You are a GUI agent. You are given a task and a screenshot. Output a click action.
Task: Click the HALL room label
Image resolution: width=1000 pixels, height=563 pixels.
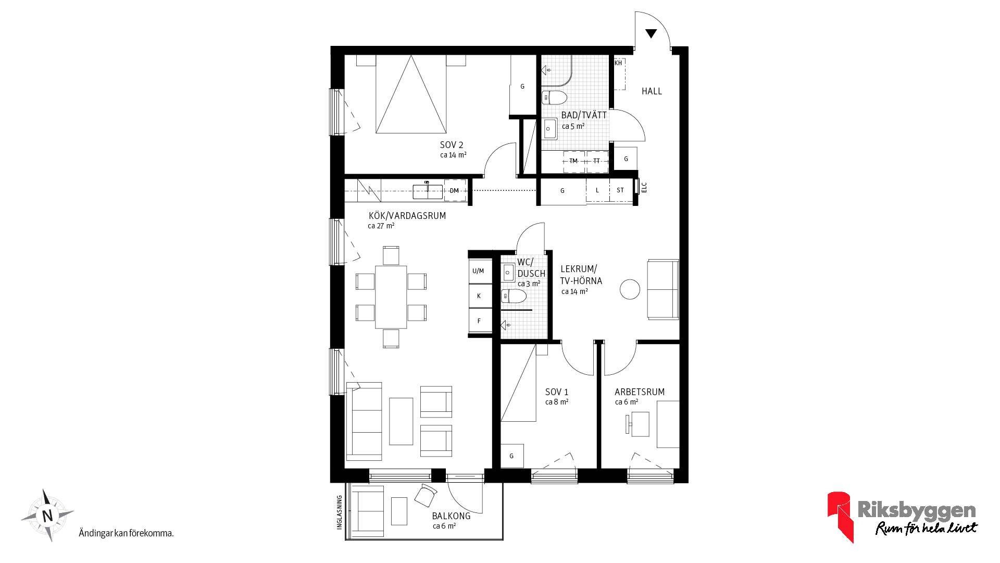pos(652,91)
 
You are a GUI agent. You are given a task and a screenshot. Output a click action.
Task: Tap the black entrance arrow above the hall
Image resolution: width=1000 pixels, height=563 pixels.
pos(651,33)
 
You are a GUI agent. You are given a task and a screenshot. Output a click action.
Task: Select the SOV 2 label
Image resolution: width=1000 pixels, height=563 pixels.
pos(452,145)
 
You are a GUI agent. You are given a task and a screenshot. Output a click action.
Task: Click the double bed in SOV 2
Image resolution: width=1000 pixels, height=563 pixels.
pos(411,94)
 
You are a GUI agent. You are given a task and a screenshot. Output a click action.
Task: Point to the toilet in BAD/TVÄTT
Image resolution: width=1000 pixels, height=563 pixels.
pos(554,97)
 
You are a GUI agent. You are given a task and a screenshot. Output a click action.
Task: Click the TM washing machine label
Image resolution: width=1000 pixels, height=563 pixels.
pos(573,161)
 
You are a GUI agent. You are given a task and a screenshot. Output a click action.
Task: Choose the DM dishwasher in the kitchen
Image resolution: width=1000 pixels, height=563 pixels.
pos(455,191)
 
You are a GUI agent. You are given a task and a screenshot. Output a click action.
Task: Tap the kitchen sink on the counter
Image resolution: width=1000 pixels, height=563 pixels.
pos(428,191)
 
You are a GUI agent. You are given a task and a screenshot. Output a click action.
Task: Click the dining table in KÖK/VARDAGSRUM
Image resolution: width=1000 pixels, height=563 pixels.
pos(391,297)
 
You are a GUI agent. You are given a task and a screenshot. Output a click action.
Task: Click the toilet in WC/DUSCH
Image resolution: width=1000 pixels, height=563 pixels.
pos(514,297)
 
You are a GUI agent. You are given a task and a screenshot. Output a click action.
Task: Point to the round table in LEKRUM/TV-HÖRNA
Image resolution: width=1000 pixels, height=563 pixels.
pos(630,289)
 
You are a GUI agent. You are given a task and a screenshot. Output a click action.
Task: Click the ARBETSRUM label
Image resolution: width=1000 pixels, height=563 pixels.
pos(640,392)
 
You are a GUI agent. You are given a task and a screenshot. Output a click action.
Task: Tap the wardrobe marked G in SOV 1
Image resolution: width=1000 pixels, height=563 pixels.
pos(512,456)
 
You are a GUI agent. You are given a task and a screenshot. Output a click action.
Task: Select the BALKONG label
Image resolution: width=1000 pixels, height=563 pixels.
pos(451,516)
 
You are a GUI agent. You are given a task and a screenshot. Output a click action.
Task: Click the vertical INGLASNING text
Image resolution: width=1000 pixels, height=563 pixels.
pos(340,512)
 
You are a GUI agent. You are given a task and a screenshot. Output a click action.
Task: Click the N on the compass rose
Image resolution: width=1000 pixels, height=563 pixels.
pos(47,516)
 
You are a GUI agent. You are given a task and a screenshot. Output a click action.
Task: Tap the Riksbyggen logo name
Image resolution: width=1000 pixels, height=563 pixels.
pos(917,510)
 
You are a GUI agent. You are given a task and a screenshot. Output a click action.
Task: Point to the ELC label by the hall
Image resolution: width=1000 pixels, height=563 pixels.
pos(644,187)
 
